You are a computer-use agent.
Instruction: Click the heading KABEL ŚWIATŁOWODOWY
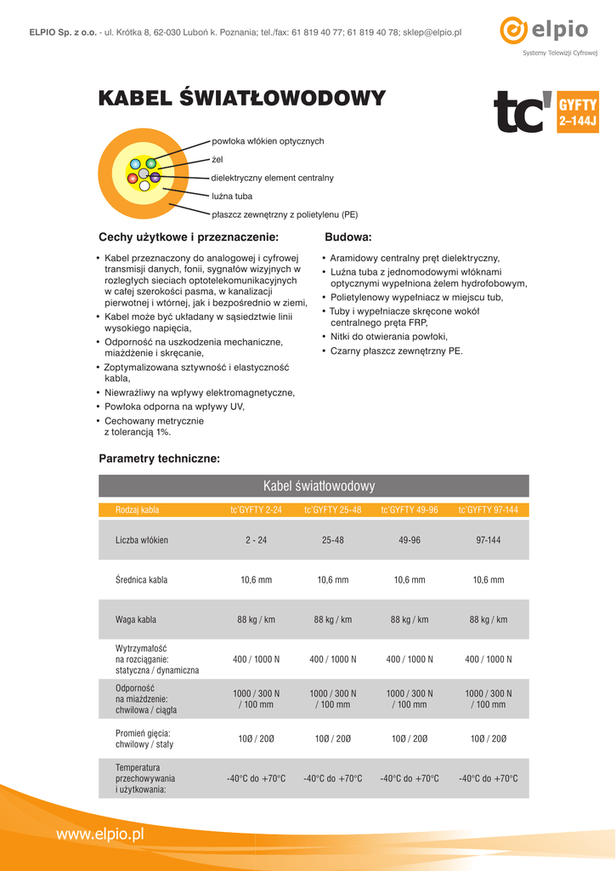point(242,99)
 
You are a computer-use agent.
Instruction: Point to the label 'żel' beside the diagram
point(218,159)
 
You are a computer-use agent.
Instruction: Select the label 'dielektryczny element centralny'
point(272,178)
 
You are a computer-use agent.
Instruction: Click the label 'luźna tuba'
point(232,196)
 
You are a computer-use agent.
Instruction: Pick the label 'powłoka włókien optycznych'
point(268,140)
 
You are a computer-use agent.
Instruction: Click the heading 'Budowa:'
point(348,236)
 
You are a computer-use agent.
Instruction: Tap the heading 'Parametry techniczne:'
point(160,458)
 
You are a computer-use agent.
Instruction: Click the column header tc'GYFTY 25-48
point(332,510)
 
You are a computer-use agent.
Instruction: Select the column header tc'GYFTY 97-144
point(488,510)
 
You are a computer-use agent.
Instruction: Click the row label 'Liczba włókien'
point(142,540)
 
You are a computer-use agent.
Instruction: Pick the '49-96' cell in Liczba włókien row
point(410,540)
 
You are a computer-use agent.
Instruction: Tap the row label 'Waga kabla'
point(136,619)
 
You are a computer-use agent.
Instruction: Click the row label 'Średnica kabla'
point(141,579)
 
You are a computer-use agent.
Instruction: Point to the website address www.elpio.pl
point(100,834)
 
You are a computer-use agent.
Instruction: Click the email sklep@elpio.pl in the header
point(433,32)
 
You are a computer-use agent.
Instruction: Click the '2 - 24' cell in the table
point(256,540)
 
